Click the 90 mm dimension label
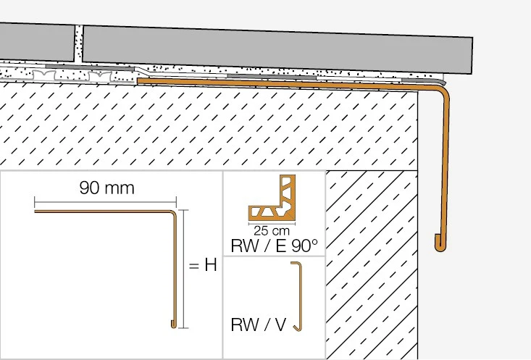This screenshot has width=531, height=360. click(x=106, y=188)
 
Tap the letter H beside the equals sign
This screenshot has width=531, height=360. click(x=211, y=264)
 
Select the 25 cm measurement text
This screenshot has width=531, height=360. click(x=272, y=231)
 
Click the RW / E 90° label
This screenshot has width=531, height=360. click(x=274, y=246)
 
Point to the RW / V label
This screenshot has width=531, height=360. click(x=259, y=325)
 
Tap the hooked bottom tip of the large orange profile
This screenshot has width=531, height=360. click(x=439, y=245)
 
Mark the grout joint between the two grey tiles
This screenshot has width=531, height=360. click(x=78, y=44)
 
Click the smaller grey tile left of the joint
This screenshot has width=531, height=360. click(x=37, y=42)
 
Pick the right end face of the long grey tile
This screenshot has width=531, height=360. click(x=472, y=56)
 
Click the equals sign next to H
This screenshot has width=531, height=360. click(x=193, y=266)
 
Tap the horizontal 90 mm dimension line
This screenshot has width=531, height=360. click(x=105, y=202)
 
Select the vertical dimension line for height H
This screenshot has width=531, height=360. click(x=183, y=269)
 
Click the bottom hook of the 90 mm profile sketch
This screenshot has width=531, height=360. click(x=174, y=325)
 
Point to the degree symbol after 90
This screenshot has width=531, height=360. click(x=314, y=241)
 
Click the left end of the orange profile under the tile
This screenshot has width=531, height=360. click(x=139, y=81)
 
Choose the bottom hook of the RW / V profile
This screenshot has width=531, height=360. click(x=298, y=328)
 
